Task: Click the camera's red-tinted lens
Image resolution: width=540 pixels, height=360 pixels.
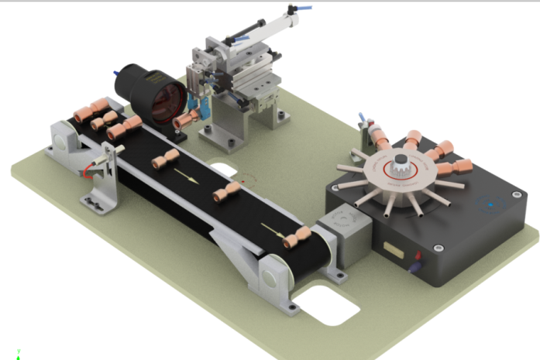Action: point(166,105)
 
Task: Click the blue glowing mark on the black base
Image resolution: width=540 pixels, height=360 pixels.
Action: point(489,205)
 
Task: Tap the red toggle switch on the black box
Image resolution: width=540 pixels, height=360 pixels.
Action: point(418,255)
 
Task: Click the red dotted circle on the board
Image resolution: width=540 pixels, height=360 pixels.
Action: point(246,180)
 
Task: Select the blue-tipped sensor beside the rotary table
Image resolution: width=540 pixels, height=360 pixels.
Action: point(361,121)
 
